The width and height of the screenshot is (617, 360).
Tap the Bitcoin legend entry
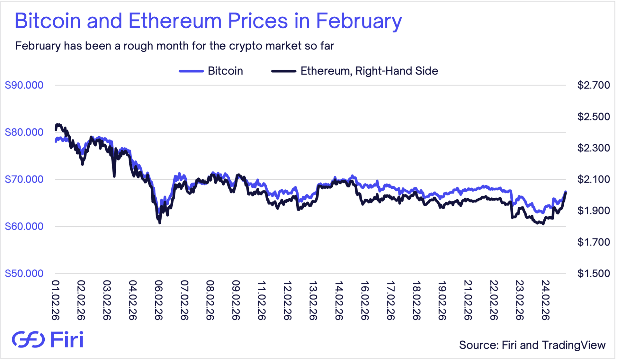(225, 71)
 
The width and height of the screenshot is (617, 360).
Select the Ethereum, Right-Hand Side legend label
(369, 71)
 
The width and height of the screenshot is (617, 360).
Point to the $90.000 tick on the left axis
(24, 85)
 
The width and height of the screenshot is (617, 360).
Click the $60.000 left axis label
(24, 226)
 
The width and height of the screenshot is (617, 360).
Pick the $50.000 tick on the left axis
(24, 273)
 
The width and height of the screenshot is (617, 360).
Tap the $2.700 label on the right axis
(593, 85)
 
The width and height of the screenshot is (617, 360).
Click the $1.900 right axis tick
(593, 211)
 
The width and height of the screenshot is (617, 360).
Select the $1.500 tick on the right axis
(593, 273)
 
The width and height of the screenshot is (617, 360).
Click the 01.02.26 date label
(56, 300)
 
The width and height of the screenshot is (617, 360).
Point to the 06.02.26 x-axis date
(159, 300)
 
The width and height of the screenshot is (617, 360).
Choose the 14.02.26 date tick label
(339, 300)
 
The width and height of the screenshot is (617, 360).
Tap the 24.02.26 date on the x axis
(545, 300)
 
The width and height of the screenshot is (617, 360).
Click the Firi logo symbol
(28, 339)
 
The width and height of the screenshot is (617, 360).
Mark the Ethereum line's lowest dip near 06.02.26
(160, 222)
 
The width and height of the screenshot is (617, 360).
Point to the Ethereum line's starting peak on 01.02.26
(58, 124)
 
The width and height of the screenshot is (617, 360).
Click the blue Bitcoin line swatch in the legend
(191, 71)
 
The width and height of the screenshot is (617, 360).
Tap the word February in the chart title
(359, 21)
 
